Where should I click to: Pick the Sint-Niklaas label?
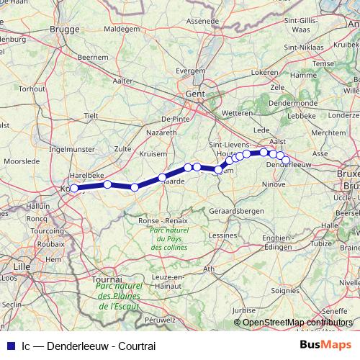(302, 48)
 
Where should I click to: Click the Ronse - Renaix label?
(159, 220)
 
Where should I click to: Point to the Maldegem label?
(121, 29)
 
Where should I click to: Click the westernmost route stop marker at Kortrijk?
(73, 189)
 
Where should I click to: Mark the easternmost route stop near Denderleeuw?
(286, 160)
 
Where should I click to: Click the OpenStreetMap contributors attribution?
(297, 323)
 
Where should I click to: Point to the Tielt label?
(91, 115)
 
